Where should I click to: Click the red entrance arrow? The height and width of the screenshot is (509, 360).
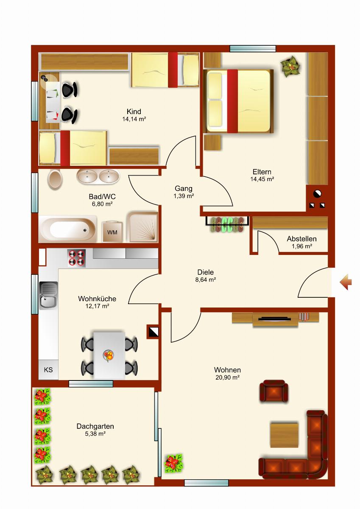[x=346, y=282]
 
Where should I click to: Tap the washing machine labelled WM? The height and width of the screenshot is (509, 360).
[x=112, y=232]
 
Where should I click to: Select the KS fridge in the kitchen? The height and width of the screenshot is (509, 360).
[x=48, y=370]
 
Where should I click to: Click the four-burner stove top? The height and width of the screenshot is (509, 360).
[x=77, y=258]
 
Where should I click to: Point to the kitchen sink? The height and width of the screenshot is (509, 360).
[x=49, y=296]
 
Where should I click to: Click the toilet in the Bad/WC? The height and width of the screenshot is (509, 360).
[x=55, y=179]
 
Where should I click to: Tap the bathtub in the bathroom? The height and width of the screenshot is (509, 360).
[x=68, y=229]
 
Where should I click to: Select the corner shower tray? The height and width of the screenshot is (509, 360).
[x=142, y=227]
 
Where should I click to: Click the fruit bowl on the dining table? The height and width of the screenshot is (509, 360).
[x=109, y=355]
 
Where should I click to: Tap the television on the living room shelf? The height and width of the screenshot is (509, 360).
[x=275, y=319]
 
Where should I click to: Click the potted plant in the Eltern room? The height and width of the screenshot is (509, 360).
[x=290, y=67]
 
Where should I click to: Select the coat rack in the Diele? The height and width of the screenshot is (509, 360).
[x=227, y=224]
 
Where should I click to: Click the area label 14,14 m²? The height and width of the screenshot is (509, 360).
[x=134, y=119]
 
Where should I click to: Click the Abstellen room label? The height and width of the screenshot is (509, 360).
[x=301, y=239]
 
